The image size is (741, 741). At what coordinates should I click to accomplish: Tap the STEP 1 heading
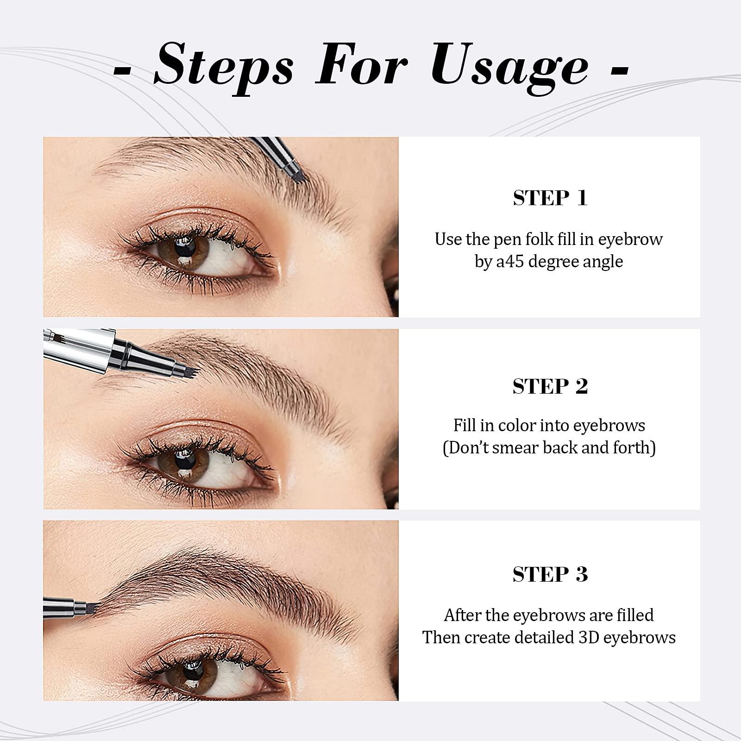click(x=550, y=198)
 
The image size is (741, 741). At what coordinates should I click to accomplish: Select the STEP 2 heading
click(x=550, y=386)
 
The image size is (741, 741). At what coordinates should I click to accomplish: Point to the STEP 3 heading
click(x=550, y=574)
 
